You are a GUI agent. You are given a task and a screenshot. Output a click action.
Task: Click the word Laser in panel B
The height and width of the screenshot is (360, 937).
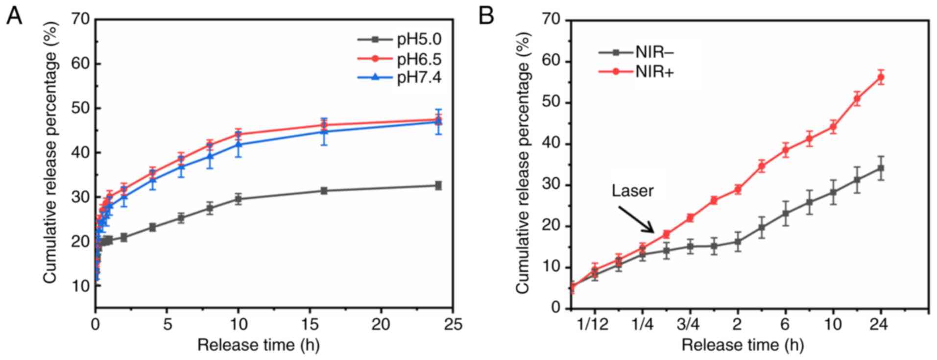pos(632,190)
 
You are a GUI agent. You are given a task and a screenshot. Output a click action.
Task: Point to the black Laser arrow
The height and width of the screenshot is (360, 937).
pos(636,219)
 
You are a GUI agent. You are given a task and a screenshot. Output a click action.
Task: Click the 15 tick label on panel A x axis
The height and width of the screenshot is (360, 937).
pos(310,324)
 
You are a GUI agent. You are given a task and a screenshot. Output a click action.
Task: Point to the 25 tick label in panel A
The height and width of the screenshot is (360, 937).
pos(452,324)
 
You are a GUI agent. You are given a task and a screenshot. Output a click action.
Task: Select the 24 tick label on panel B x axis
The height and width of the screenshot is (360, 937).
pos(881,324)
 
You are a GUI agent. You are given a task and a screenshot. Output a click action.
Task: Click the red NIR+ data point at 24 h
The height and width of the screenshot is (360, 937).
pos(881,77)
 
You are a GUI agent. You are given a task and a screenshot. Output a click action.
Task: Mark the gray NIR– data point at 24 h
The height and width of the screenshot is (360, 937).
pos(881,168)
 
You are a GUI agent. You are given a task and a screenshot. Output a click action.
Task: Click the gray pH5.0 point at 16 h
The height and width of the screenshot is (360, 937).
pos(324,191)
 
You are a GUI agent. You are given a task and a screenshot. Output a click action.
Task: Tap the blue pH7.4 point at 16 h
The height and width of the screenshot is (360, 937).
pos(324,131)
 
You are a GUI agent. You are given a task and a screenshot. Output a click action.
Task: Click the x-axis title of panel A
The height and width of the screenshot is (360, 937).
pos(258,345)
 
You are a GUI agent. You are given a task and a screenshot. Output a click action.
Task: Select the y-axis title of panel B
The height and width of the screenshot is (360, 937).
pos(523,164)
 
